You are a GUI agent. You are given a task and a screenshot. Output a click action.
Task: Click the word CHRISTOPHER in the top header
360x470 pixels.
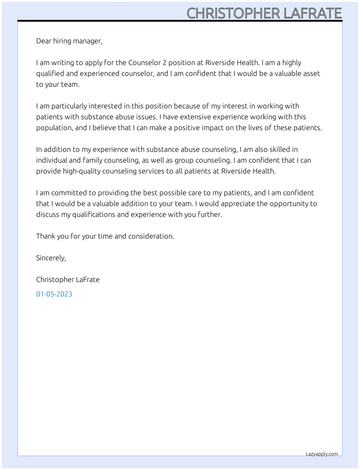[233, 13]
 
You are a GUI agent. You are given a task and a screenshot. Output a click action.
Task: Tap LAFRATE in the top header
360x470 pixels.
[313, 13]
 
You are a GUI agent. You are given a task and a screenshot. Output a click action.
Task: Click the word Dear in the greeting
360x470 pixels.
[44, 41]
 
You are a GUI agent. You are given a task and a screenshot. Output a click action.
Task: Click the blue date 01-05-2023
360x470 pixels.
[54, 294]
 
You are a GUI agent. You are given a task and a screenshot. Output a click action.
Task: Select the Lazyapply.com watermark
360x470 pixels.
[322, 454]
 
